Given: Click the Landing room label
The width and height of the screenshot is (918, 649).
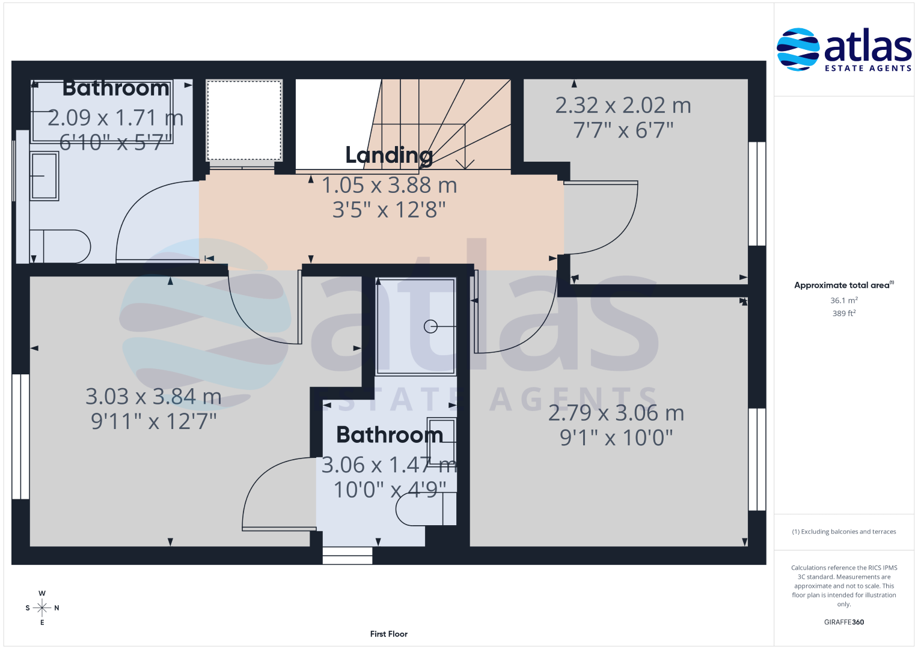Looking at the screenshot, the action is point(389,155).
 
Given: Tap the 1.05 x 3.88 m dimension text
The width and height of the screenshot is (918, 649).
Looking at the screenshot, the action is point(389,185).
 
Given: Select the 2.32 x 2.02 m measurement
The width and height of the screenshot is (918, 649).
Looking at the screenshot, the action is point(623,105).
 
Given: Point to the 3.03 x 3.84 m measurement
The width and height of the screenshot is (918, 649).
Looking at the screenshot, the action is point(153,397).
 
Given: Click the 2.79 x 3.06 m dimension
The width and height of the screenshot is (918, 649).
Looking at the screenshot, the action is point(616,413).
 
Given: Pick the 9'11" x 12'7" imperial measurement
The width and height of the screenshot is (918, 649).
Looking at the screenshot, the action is point(153,421).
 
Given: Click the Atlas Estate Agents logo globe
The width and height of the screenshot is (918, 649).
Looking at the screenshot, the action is point(798,49).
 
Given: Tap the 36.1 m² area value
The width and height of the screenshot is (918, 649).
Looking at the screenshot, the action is point(844,300).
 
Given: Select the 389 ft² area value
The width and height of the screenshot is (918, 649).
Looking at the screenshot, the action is point(844,314).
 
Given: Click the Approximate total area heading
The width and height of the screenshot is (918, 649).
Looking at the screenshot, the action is point(844,285).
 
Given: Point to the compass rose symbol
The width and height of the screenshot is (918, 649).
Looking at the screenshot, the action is point(42,608).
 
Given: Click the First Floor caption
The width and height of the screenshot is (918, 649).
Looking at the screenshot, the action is point(388,634).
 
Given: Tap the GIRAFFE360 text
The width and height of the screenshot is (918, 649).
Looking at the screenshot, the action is point(844,622).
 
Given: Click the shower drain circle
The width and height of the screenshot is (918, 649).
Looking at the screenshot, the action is point(430,326).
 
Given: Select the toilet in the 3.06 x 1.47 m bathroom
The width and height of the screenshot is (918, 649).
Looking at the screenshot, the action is point(426,509).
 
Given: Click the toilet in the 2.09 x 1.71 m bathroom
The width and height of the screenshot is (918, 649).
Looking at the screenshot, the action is point(60,246).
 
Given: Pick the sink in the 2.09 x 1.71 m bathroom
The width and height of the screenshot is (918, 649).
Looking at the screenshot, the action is point(44,176).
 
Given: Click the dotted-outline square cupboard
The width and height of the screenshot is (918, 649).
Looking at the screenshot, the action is point(244,120).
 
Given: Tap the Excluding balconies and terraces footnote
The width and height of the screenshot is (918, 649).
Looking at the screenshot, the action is point(844,532).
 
